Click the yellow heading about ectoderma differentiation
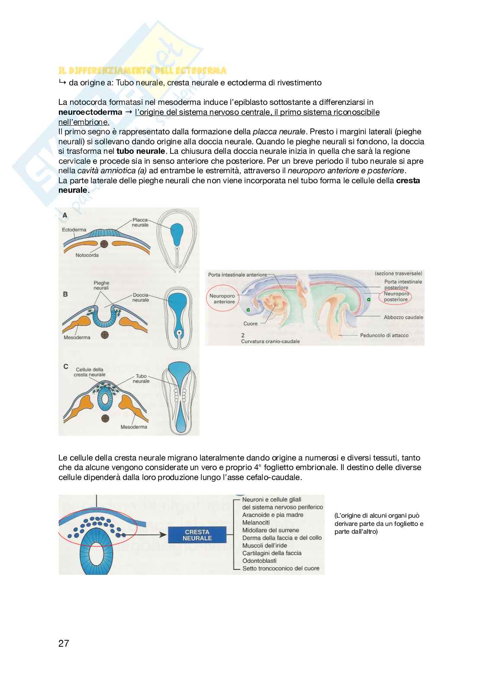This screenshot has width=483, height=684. point(142,71)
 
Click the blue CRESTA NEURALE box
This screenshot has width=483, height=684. point(197,535)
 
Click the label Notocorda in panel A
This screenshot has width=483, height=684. point(87,255)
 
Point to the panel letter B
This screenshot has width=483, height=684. point(65,294)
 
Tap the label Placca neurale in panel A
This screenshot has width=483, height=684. point(140,223)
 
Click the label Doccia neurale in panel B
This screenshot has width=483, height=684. point(141,298)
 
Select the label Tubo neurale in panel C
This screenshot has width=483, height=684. point(142,379)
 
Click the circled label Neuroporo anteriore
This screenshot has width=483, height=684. point(222,299)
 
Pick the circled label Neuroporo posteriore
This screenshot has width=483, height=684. point(396,297)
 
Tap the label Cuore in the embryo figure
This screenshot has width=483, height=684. point(250,324)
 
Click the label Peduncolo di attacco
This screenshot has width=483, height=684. point(384,335)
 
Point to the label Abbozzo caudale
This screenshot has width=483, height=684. point(403,317)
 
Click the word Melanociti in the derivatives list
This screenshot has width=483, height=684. point(256,522)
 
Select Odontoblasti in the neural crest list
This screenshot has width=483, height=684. point(260,561)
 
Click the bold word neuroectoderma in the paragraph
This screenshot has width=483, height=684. point(90,112)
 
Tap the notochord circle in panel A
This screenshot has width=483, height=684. point(104,244)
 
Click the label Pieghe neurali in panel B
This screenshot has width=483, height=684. point(101,285)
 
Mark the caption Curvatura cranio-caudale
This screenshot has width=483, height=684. point(270,341)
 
